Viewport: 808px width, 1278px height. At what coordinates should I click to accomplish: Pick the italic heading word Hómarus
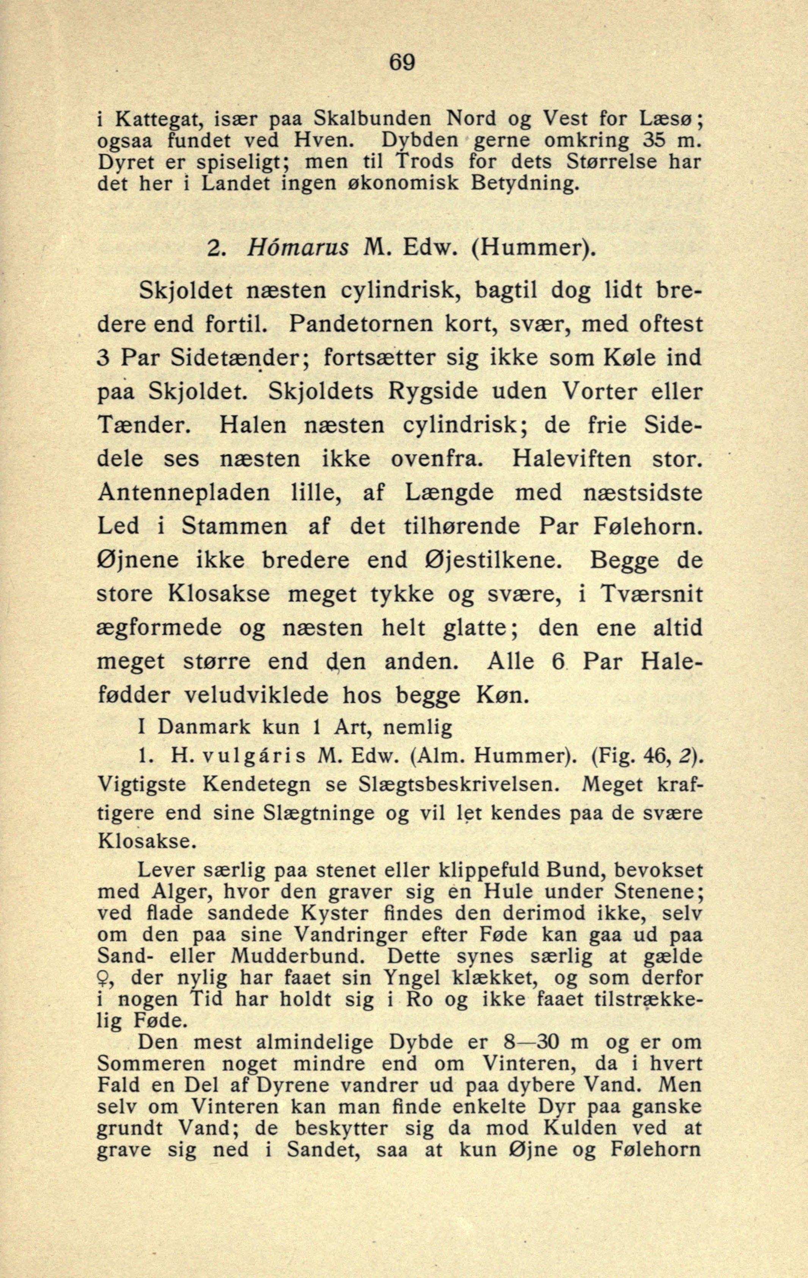pos(298,247)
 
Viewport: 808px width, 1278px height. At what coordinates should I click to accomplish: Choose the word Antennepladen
pos(184,493)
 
